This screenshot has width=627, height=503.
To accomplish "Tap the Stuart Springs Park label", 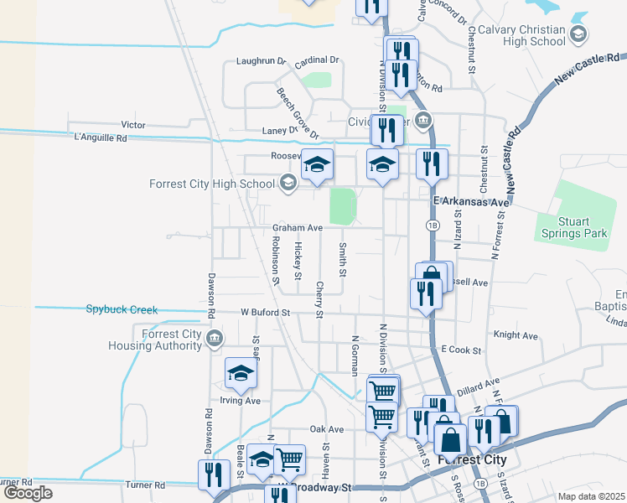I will click(572, 228).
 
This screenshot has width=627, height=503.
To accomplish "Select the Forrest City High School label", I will click(211, 184).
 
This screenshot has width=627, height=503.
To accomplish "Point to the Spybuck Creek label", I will click(122, 309).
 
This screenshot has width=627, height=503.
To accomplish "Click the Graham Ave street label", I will click(297, 227).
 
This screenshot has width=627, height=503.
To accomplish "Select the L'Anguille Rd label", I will click(100, 137).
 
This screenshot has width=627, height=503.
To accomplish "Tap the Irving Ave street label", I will click(241, 401).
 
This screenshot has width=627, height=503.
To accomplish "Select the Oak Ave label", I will click(328, 428).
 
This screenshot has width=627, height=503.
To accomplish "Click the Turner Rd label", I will click(147, 485).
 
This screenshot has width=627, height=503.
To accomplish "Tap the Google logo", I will click(28, 493).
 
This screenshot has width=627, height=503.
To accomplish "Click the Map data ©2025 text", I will click(591, 496).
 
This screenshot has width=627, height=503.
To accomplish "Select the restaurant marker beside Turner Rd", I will click(214, 474).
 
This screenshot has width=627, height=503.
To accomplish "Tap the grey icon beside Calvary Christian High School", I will click(578, 34).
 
